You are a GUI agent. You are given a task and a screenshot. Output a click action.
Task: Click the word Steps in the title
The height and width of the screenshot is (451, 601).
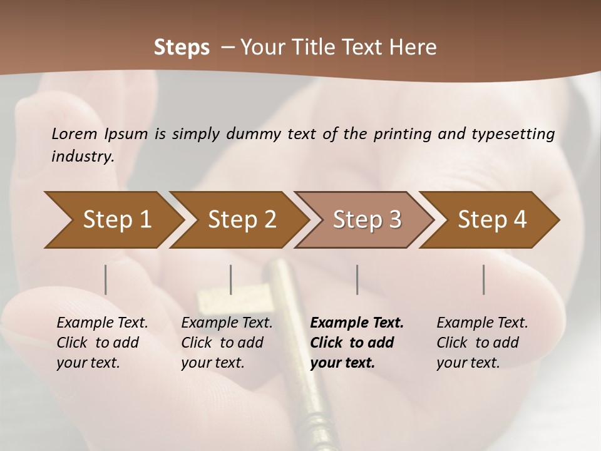(182, 48)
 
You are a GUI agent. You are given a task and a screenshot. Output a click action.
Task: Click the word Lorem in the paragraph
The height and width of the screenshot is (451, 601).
(74, 133)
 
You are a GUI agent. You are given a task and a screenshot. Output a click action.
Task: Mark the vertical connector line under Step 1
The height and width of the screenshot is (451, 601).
(105, 279)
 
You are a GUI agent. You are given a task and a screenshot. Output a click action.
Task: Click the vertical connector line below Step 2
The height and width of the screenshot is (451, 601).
(231, 279)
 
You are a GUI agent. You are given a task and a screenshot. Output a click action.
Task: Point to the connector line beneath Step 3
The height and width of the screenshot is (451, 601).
(357, 279)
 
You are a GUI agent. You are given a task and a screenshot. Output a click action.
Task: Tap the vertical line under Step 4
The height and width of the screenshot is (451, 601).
(483, 279)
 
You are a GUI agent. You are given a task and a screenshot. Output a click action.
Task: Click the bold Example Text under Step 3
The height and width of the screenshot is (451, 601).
(357, 323)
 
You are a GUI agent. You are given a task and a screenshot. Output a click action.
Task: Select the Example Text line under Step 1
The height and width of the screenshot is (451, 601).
(102, 323)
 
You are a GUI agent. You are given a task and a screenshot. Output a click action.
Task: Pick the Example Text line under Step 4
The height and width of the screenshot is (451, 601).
(482, 323)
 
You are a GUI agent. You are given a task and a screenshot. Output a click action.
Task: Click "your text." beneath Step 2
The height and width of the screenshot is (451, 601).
(213, 363)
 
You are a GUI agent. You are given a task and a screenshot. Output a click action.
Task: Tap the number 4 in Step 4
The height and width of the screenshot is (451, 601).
(519, 220)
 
